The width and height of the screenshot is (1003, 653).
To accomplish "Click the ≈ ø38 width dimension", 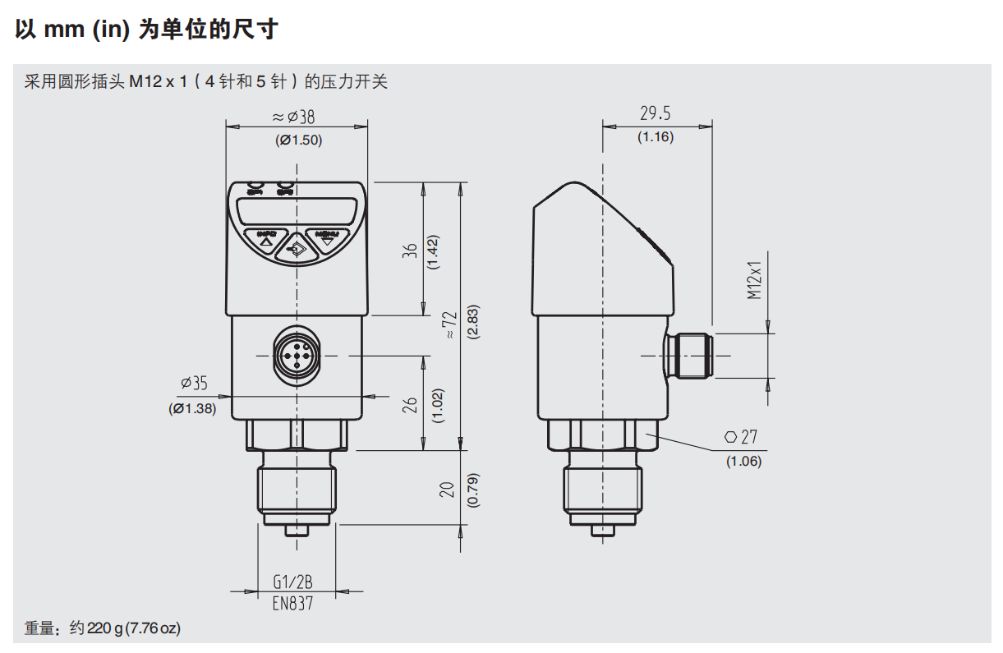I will tap(293, 117).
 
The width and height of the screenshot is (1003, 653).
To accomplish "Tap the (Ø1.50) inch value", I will tap(298, 140).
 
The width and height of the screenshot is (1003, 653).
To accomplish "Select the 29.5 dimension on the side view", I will tap(656, 113).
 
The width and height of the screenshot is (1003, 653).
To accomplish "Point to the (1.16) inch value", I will tap(656, 137).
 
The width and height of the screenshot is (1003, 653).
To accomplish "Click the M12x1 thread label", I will tap(755, 280).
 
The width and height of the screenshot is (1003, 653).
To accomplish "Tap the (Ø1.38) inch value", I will tap(193, 408).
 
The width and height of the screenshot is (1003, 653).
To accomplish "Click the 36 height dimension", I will tap(411, 249).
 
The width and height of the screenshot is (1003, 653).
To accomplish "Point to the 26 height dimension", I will tap(412, 404).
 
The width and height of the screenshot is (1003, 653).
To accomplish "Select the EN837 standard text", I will tap(292, 603).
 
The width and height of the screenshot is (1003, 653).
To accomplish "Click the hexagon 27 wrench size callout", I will tap(741, 437).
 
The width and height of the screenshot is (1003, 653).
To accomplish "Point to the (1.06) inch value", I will tap(743, 461).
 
